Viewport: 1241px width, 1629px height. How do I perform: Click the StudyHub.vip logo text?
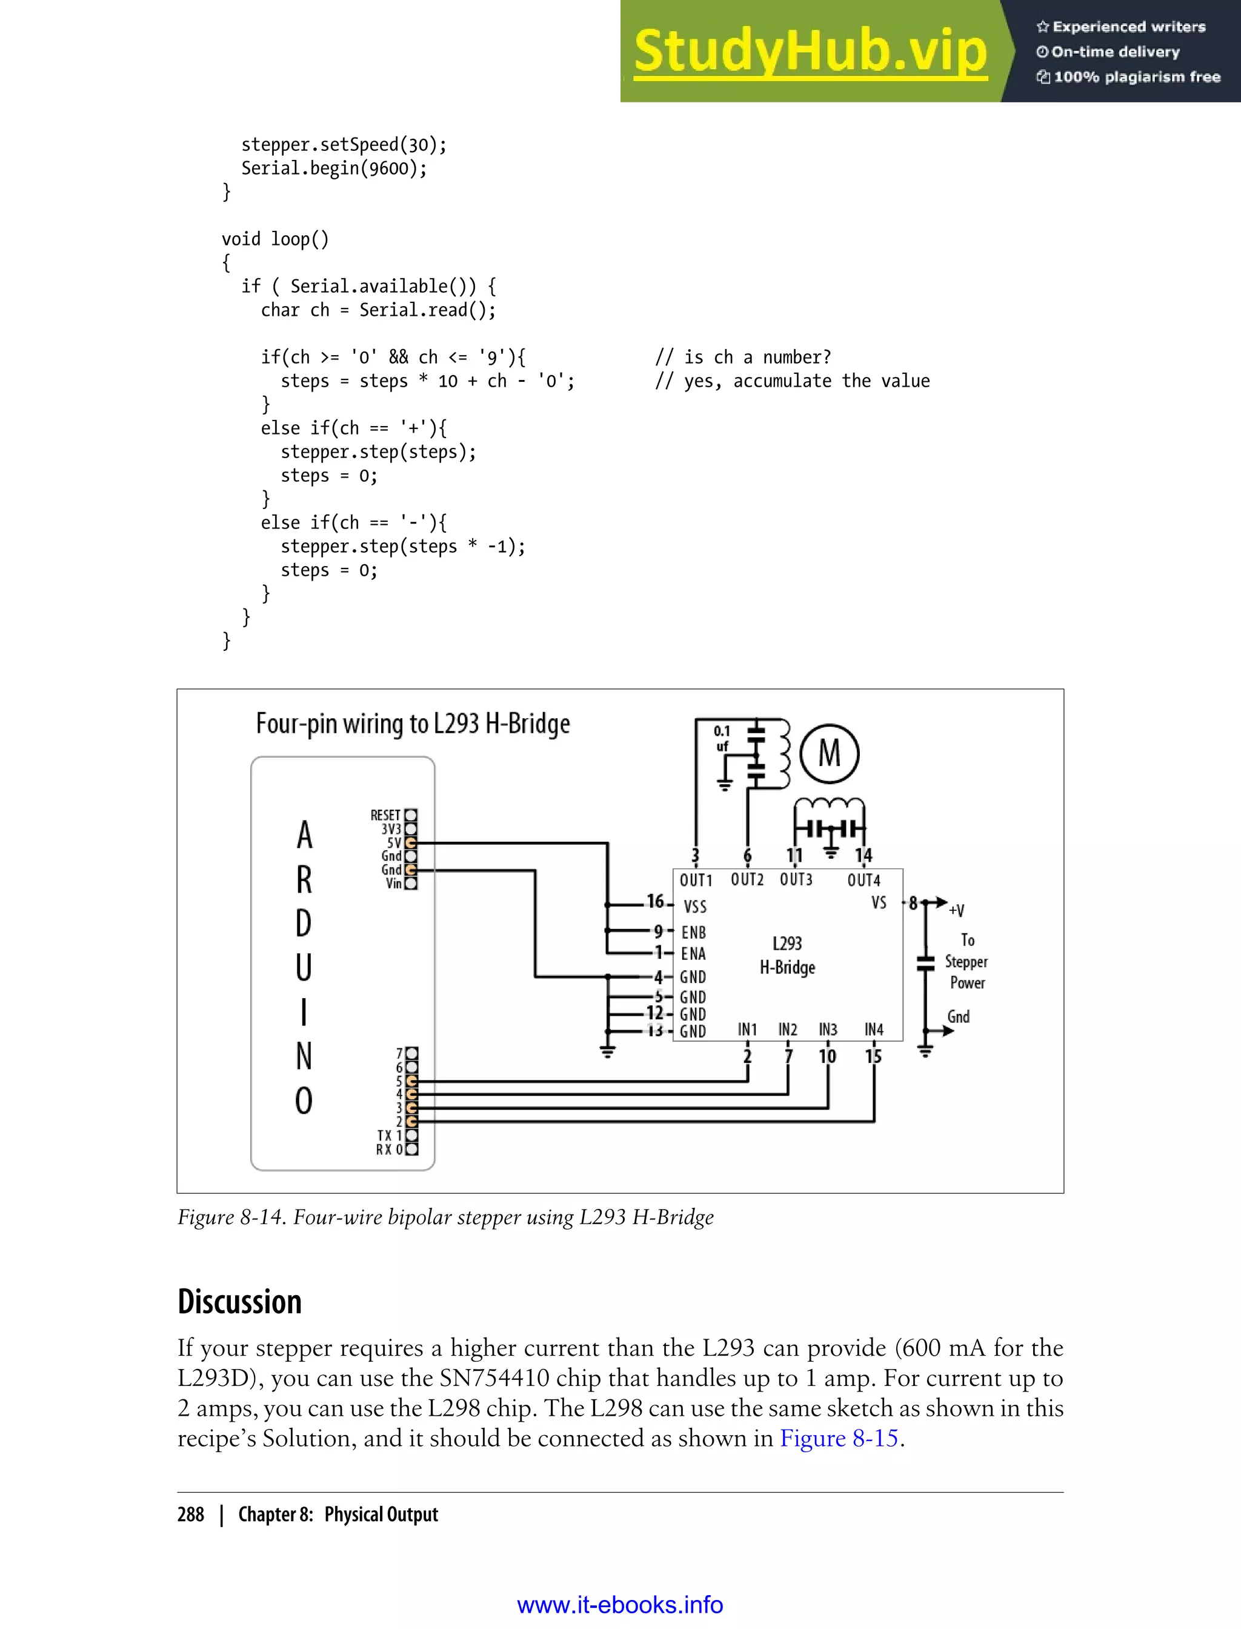point(810,52)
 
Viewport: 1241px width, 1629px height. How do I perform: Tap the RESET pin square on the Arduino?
point(411,815)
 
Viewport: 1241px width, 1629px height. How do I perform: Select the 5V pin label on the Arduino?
point(394,843)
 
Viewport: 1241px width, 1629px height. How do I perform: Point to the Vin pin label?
point(393,884)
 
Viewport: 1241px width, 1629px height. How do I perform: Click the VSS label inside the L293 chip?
point(694,907)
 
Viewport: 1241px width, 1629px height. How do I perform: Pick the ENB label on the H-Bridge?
point(694,932)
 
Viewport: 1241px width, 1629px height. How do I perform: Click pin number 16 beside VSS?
point(655,901)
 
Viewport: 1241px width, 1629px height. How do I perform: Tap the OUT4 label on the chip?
point(863,880)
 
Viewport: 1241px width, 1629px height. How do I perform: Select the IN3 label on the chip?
point(828,1029)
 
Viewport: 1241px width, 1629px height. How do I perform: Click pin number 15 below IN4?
point(873,1056)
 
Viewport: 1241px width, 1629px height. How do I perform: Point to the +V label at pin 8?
point(957,910)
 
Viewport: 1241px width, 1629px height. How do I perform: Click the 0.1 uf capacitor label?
point(722,739)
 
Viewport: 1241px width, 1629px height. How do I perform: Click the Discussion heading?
point(239,1302)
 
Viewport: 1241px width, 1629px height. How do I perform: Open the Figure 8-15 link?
point(839,1438)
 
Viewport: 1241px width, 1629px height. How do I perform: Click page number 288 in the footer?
point(191,1514)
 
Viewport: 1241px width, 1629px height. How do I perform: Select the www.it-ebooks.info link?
point(620,1605)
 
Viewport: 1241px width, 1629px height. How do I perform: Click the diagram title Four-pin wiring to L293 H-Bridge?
point(413,723)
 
